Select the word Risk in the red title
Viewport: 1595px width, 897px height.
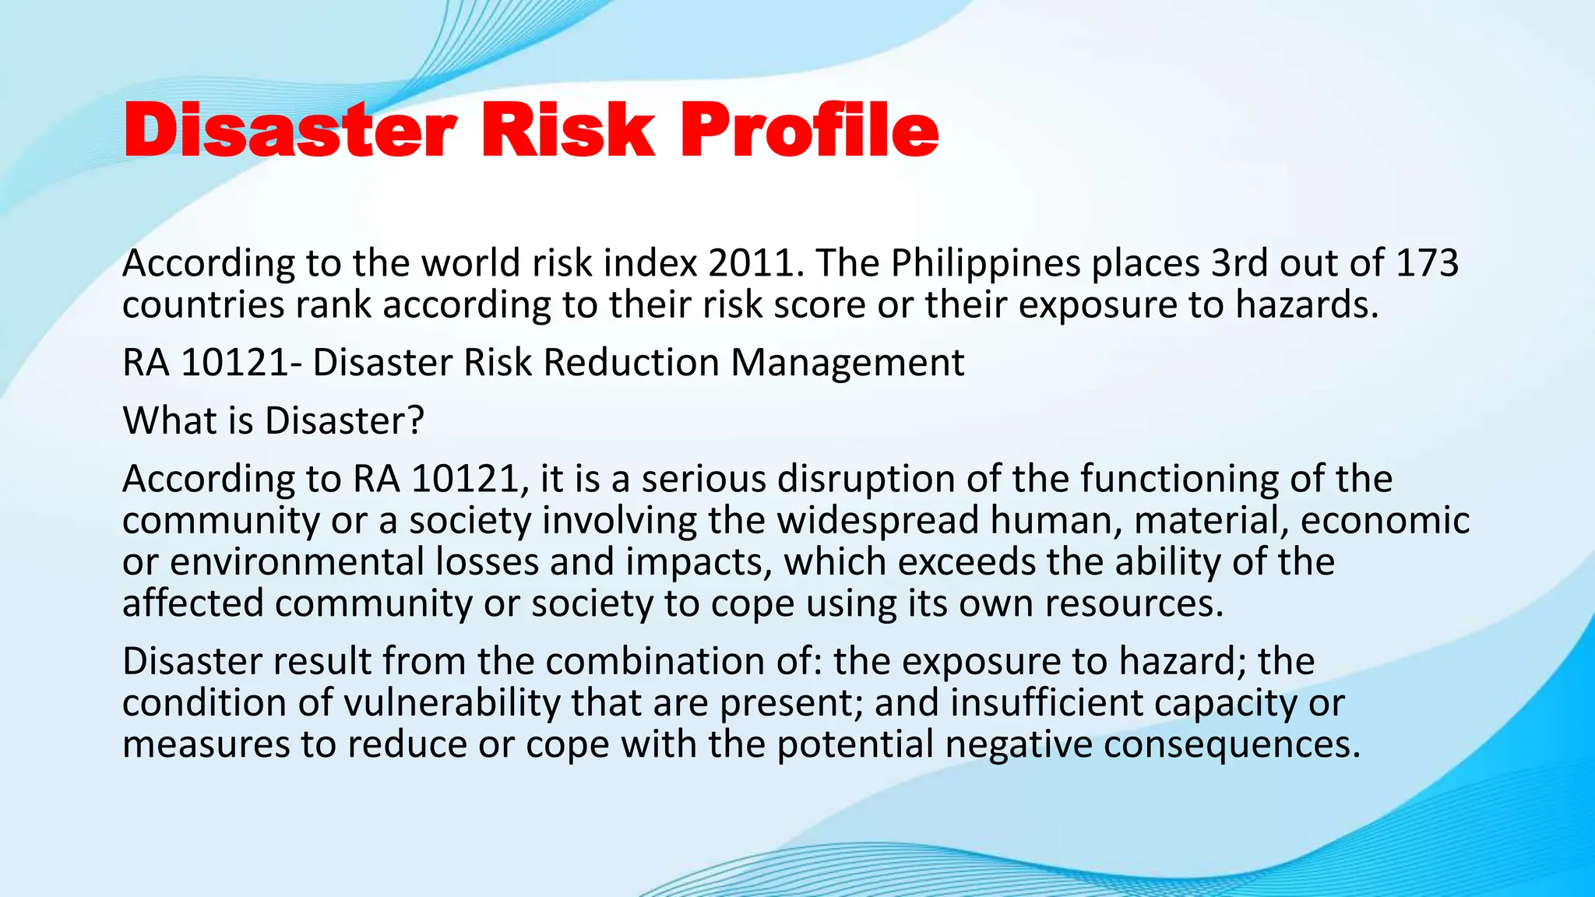point(568,131)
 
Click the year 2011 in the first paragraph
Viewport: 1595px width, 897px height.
point(755,263)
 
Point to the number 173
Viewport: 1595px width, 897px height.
point(1427,263)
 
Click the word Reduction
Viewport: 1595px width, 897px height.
point(631,363)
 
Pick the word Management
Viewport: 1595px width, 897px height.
point(847,363)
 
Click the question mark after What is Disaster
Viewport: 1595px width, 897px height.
point(416,420)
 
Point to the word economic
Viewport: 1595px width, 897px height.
point(1385,520)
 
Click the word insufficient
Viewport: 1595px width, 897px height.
point(1046,703)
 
